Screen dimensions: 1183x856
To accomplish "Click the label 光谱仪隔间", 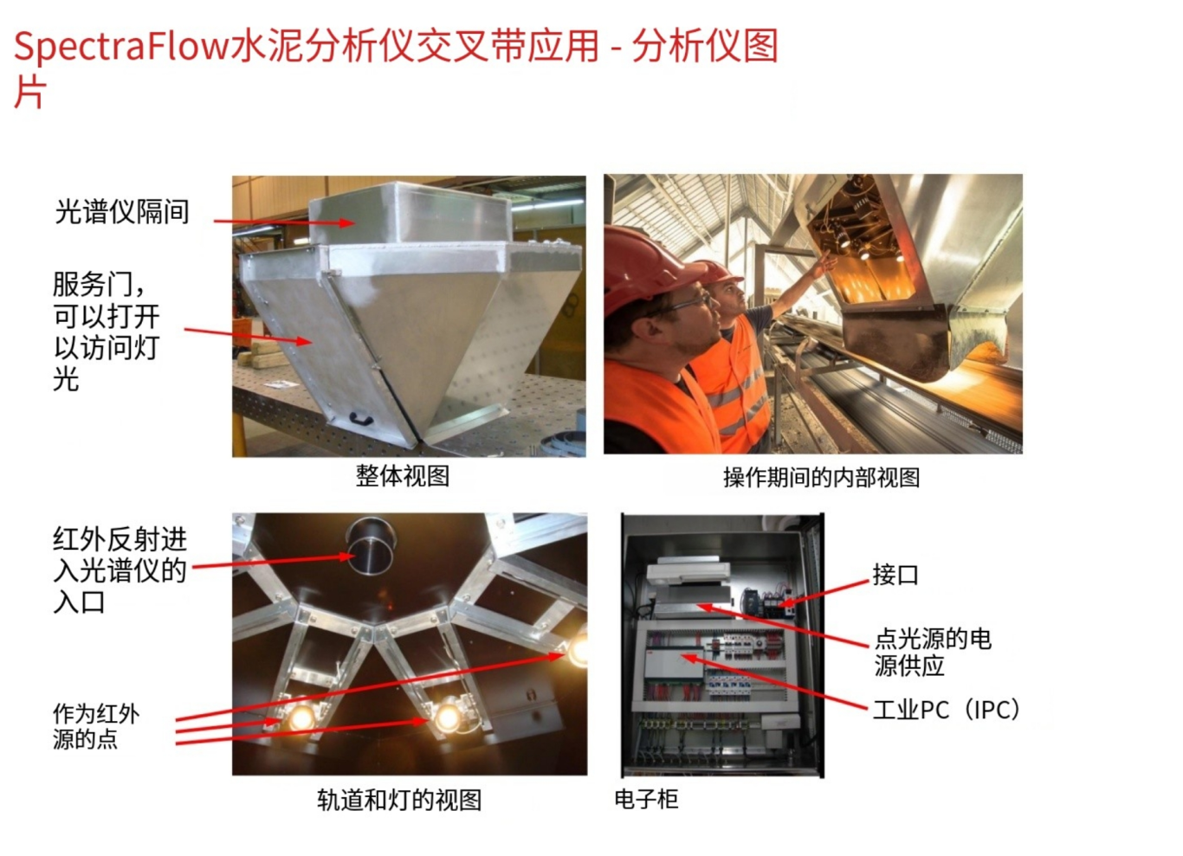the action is (x=122, y=212).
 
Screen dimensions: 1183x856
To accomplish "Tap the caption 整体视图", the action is (x=403, y=476).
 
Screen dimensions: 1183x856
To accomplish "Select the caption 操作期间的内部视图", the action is (x=821, y=478).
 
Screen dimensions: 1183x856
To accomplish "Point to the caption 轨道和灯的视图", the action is (x=399, y=800).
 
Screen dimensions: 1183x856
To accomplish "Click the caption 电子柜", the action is (x=646, y=799).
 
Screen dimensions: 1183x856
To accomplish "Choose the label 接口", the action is (x=895, y=575).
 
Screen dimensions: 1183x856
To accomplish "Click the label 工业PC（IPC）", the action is (x=947, y=710).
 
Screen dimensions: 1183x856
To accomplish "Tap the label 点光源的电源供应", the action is (x=933, y=653).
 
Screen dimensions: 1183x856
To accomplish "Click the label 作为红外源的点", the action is (x=96, y=726).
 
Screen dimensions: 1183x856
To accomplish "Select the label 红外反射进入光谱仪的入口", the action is (x=120, y=570).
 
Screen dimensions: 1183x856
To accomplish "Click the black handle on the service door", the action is (x=362, y=419).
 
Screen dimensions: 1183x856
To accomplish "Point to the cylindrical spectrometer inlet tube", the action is (x=371, y=546).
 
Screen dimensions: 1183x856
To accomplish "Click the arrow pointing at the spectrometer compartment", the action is (x=284, y=222).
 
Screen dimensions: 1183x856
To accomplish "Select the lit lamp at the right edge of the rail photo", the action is (x=579, y=649).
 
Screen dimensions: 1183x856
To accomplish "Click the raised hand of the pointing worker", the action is (x=826, y=262).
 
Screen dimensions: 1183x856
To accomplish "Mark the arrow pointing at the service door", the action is (x=249, y=336).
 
